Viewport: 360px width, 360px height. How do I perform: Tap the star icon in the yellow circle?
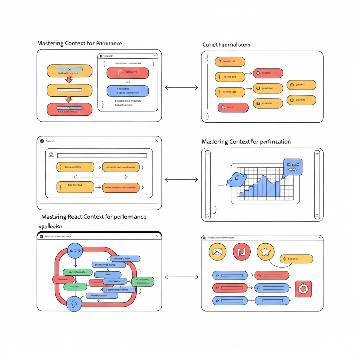click(266, 252)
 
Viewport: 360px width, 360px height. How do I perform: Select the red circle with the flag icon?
click(242, 252)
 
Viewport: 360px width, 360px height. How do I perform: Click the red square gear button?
click(303, 289)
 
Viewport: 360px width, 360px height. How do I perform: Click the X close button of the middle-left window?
click(156, 141)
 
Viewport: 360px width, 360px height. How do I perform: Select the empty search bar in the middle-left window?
click(102, 155)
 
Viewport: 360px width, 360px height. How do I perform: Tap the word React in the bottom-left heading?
click(82, 217)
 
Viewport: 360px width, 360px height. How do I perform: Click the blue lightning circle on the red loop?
click(74, 303)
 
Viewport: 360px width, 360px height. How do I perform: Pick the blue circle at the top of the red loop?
click(75, 251)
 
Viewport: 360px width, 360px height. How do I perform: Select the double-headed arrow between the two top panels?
click(181, 87)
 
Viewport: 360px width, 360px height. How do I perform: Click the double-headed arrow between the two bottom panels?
click(181, 277)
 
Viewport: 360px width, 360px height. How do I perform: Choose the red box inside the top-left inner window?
click(128, 73)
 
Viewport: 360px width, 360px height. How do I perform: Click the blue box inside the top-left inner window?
click(128, 91)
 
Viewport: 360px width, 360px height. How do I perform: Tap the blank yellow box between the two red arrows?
click(69, 90)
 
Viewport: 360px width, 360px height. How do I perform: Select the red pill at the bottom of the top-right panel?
click(233, 107)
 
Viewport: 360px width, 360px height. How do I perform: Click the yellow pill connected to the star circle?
click(296, 259)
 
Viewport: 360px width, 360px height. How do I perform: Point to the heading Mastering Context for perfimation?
click(246, 142)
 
